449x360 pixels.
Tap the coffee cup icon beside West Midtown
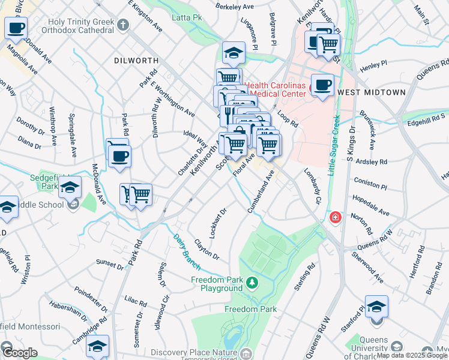tap(322, 85)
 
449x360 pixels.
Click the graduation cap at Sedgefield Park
tap(70, 186)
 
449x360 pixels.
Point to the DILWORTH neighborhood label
tap(136, 61)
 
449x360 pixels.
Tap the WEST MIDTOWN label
tap(370, 93)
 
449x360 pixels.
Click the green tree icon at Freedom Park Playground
tap(253, 281)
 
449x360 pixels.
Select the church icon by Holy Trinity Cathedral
tap(123, 25)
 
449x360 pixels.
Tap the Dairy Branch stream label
tap(180, 247)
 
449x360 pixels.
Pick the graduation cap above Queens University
tap(376, 307)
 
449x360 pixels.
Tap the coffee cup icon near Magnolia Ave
tap(16, 27)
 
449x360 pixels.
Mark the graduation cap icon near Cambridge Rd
tap(97, 346)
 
